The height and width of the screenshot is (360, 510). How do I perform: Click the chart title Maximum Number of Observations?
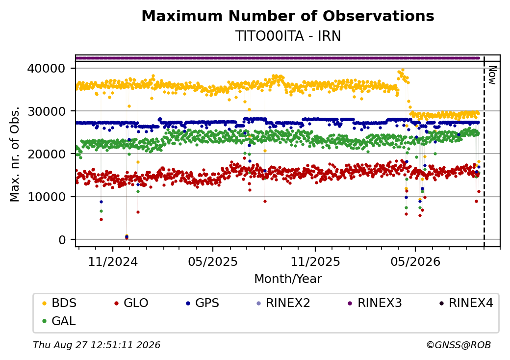pyautogui.click(x=288, y=16)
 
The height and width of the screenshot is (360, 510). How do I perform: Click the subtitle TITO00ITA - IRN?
pyautogui.click(x=288, y=36)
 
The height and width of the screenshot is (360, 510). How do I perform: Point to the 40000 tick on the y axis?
pyautogui.click(x=47, y=68)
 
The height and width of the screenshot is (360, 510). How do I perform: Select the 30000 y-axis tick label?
pyautogui.click(x=47, y=111)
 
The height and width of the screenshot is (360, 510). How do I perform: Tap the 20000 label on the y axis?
pyautogui.click(x=47, y=154)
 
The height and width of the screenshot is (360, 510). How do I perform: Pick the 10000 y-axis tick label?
pyautogui.click(x=47, y=197)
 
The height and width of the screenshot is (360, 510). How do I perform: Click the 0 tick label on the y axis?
pyautogui.click(x=62, y=240)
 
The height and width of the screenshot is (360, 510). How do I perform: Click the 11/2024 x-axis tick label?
pyautogui.click(x=113, y=261)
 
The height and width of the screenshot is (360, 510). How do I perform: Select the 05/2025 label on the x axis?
pyautogui.click(x=213, y=261)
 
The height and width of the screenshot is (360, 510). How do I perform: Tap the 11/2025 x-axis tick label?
pyautogui.click(x=315, y=261)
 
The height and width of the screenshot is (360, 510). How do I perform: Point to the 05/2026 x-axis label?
pyautogui.click(x=415, y=261)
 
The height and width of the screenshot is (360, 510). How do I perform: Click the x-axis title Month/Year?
pyautogui.click(x=288, y=279)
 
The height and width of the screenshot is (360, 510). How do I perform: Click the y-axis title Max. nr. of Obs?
pyautogui.click(x=15, y=154)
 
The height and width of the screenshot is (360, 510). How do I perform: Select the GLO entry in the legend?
pyautogui.click(x=131, y=303)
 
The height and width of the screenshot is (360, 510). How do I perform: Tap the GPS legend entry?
pyautogui.click(x=203, y=303)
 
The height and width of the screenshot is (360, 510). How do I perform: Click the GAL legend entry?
pyautogui.click(x=59, y=321)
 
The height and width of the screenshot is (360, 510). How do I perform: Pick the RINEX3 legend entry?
pyautogui.click(x=375, y=303)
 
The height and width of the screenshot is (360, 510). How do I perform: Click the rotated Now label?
pyautogui.click(x=493, y=75)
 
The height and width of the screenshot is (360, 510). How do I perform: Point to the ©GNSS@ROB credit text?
pyautogui.click(x=459, y=345)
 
